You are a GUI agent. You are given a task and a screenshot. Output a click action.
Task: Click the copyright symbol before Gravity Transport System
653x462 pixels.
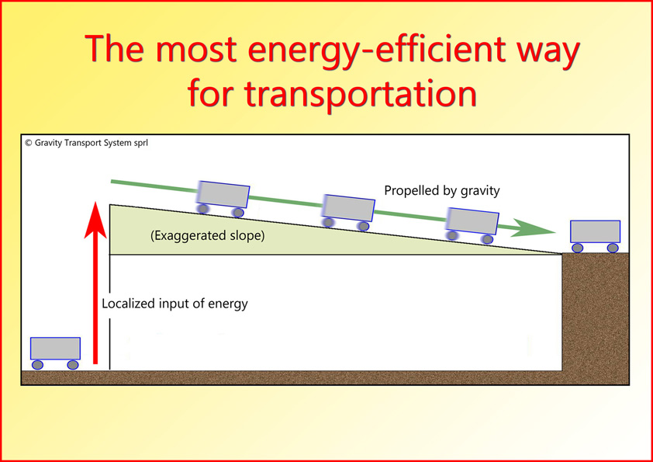29,143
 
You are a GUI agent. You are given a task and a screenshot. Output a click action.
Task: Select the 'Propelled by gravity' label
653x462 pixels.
441,191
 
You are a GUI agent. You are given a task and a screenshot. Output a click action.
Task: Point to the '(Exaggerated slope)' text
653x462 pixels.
207,235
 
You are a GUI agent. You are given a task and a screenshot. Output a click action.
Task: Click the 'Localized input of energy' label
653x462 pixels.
175,304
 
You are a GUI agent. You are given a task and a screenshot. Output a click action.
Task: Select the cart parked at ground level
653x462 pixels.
55,353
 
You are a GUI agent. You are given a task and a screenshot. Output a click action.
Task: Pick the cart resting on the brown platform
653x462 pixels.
595,236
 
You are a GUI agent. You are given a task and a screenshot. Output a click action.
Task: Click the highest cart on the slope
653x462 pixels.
223,200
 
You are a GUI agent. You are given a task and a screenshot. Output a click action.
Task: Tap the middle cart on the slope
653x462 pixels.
347,213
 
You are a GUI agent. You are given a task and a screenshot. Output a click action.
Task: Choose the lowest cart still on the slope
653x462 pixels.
472,226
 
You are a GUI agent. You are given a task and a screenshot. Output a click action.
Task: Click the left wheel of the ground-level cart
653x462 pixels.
37,365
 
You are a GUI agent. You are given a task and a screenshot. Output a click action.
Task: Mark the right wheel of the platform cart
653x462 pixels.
613,248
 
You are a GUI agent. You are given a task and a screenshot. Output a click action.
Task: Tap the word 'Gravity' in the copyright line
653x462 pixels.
48,144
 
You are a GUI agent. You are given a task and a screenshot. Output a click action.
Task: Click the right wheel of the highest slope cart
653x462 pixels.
238,213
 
